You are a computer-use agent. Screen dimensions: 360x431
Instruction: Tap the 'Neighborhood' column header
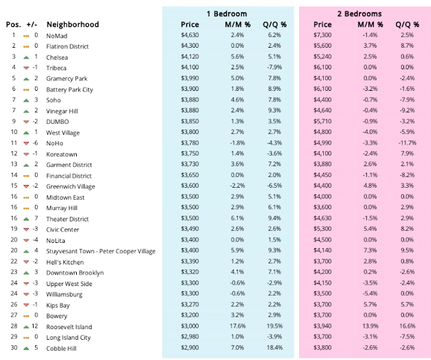(x=72, y=25)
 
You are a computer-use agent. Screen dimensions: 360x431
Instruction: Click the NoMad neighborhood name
(x=57, y=35)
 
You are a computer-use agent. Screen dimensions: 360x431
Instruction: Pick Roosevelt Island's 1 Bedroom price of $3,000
(x=191, y=326)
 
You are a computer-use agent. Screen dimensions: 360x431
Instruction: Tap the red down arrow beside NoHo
(x=26, y=143)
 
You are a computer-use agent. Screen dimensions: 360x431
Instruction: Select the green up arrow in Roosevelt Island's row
(x=26, y=326)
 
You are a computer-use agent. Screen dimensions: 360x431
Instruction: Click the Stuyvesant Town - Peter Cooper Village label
(x=100, y=251)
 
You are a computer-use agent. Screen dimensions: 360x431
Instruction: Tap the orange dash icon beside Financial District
(x=26, y=176)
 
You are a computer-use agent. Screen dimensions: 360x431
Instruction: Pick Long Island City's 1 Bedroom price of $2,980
(x=191, y=337)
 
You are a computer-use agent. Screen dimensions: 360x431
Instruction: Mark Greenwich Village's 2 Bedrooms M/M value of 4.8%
(x=369, y=186)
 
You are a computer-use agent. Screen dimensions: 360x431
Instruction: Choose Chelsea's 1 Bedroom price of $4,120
(x=191, y=57)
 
